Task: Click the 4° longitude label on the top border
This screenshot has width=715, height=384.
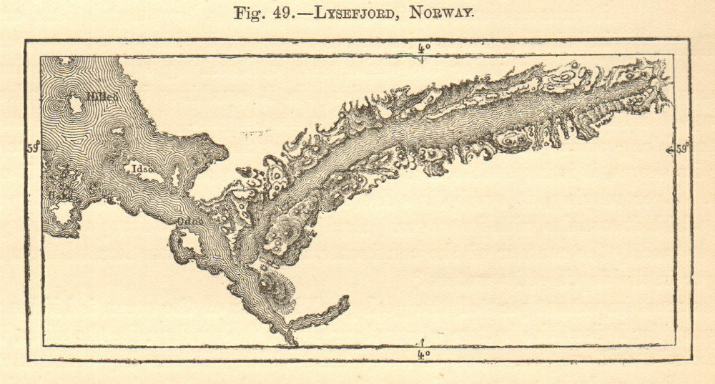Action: tap(423, 49)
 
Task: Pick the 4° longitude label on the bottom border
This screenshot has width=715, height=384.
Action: tap(423, 353)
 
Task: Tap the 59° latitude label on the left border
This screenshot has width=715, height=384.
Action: tap(33, 148)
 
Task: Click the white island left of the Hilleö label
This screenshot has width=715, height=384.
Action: tap(74, 104)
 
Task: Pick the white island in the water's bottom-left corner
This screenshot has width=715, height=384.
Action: tap(62, 211)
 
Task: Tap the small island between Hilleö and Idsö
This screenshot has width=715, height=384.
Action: tap(117, 132)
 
